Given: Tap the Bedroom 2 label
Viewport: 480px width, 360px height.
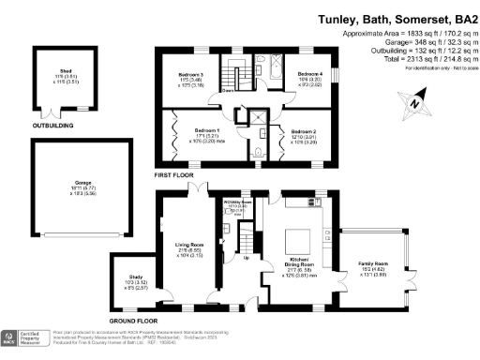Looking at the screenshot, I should [x=303, y=131].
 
